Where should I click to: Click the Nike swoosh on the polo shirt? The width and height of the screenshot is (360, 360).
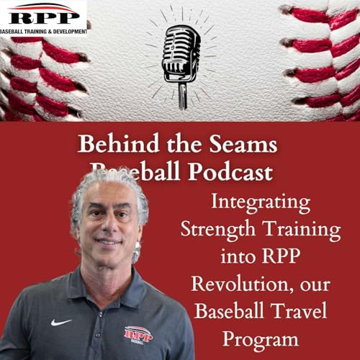click(x=61, y=322)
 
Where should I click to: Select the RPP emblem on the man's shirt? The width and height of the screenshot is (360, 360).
click(x=138, y=335)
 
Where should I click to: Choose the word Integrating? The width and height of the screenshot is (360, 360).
click(x=259, y=202)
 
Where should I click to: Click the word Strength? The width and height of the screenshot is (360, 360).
click(x=215, y=230)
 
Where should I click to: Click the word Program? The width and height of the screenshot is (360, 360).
click(x=260, y=338)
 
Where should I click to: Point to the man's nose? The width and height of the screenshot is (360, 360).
click(x=107, y=225)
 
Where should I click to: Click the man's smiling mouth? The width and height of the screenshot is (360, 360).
click(x=108, y=243)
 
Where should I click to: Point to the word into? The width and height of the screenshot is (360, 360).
click(x=235, y=257)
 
